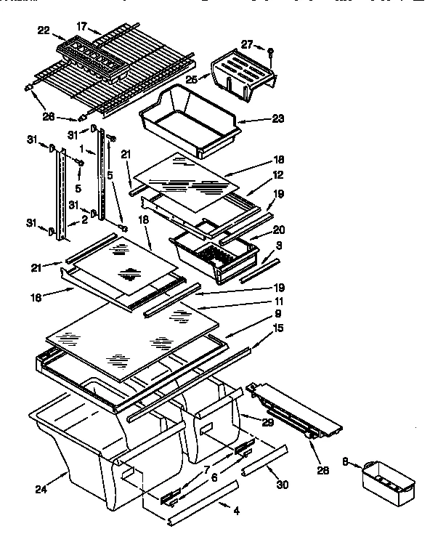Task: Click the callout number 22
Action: coord(43,30)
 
